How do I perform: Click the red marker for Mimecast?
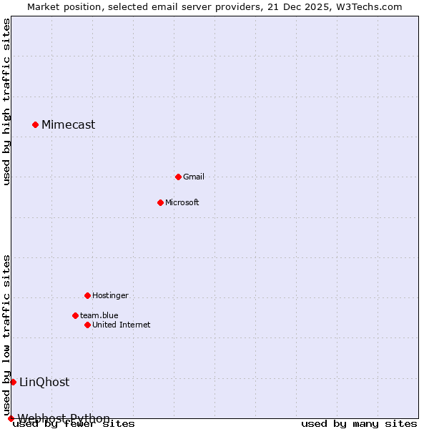click(35, 125)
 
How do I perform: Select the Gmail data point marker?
click(178, 177)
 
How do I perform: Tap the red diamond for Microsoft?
click(160, 202)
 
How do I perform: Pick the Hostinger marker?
click(87, 295)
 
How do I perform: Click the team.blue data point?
click(75, 315)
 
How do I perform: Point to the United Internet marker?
click(87, 325)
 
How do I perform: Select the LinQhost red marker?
click(13, 382)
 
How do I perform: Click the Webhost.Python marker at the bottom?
click(11, 418)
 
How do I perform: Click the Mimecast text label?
click(68, 125)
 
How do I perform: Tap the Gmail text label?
click(194, 177)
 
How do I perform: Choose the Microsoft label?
click(182, 202)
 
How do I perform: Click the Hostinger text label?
click(110, 295)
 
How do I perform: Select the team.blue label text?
click(99, 315)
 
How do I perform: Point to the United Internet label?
click(122, 325)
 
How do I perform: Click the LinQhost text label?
click(44, 382)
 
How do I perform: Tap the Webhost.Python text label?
click(64, 418)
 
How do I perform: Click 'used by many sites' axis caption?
click(359, 424)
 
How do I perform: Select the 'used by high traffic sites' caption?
click(6, 102)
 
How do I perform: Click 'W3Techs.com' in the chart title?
click(370, 6)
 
